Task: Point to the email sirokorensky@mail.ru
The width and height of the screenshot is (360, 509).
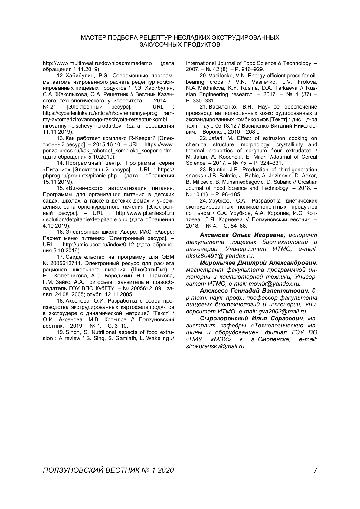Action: click(x=216, y=346)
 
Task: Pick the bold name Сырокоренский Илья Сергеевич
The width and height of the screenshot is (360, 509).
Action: click(x=251, y=318)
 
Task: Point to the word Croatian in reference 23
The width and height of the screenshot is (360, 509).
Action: click(x=306, y=182)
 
